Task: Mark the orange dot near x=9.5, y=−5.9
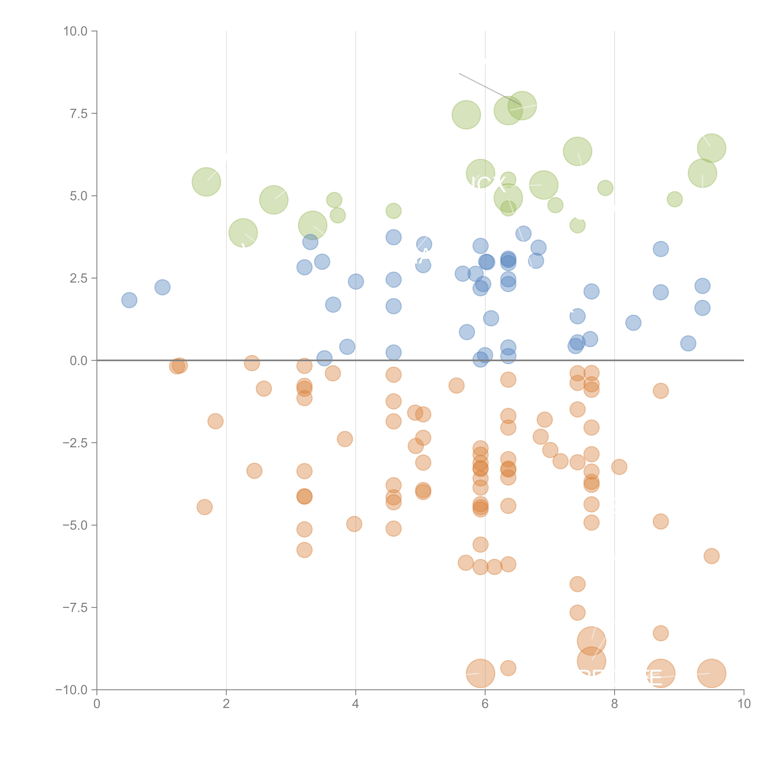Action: pos(711,556)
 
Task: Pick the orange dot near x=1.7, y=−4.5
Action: pos(205,507)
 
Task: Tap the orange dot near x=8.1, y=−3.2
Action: pos(619,467)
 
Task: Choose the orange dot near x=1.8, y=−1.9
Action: pos(215,421)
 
